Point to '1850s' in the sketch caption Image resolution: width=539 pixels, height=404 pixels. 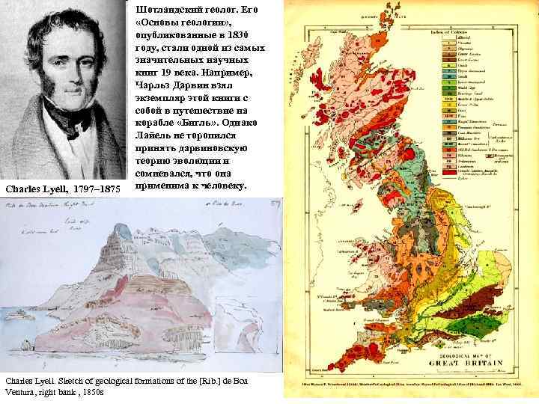coord(93,392)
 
